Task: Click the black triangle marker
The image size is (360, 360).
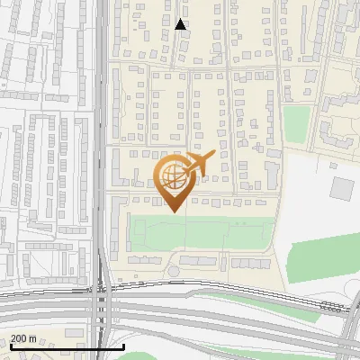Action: click(x=181, y=24)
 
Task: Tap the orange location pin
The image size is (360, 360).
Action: click(x=172, y=180)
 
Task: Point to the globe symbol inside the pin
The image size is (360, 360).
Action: click(x=171, y=175)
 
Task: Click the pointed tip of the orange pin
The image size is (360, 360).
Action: click(x=172, y=211)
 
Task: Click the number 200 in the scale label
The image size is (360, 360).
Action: click(x=20, y=338)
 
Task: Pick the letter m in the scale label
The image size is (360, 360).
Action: click(x=32, y=338)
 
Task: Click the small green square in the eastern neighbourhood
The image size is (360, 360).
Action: click(x=297, y=123)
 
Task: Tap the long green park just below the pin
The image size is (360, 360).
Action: click(x=198, y=233)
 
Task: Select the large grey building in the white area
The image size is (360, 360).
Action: click(x=342, y=189)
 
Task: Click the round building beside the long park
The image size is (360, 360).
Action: click(x=173, y=269)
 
